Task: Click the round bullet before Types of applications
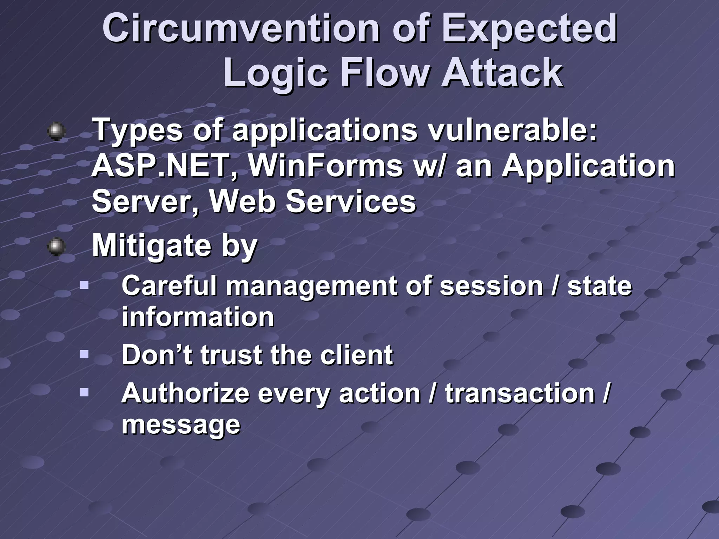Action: coord(56,132)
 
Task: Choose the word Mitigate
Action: coord(151,246)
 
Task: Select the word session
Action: coord(492,286)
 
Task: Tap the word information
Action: coord(198,317)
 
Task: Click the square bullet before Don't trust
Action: coord(84,354)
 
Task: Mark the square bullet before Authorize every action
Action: coord(84,392)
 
